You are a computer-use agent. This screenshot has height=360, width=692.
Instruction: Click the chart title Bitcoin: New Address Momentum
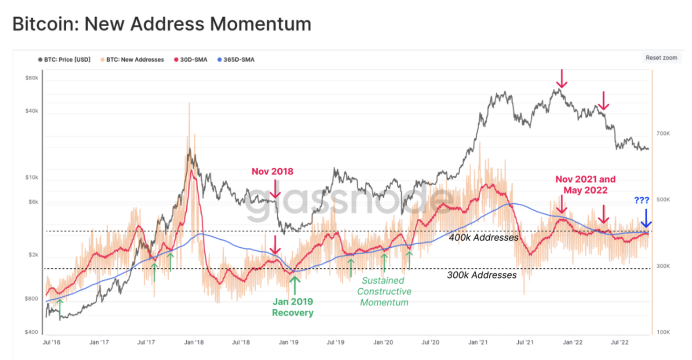tap(162, 24)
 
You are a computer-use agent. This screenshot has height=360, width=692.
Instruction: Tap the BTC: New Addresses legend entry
tap(132, 59)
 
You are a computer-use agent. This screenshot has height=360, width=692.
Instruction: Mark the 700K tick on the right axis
tap(663, 133)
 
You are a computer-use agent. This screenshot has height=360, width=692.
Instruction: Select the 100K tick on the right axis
tap(663, 332)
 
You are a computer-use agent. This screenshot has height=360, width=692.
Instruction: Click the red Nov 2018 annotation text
tap(272, 171)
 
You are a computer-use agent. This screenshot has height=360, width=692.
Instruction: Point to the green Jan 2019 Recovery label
tap(293, 307)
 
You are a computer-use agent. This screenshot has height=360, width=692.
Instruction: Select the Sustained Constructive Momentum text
tap(385, 291)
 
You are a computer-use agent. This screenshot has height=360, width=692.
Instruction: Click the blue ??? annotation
tap(642, 201)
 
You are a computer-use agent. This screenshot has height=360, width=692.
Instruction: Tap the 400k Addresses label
tap(484, 237)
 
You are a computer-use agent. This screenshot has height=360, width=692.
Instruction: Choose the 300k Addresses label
tap(481, 275)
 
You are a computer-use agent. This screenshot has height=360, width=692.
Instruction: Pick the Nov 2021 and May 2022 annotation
tap(585, 185)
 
